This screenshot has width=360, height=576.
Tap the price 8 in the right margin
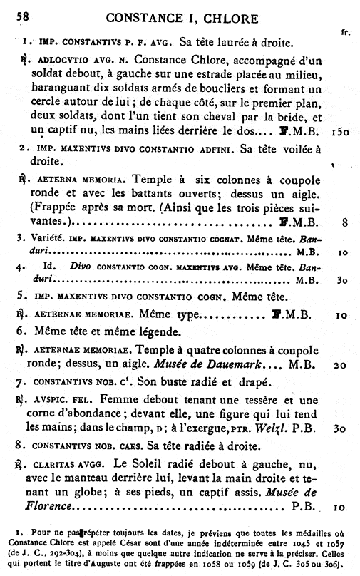pos(344,222)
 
